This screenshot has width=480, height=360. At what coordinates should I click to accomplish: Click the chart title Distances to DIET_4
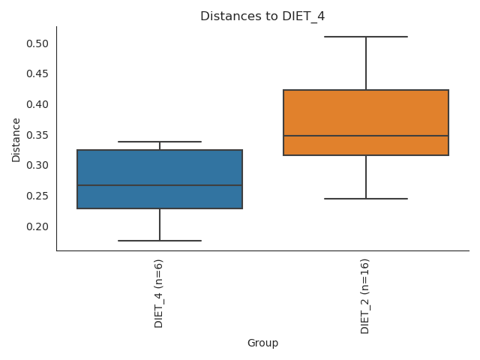[x=262, y=16]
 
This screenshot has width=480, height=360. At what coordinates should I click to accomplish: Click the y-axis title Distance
[x=16, y=139]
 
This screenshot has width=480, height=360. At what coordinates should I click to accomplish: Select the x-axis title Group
[x=262, y=343]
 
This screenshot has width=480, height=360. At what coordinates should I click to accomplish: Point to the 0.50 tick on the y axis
[x=37, y=43]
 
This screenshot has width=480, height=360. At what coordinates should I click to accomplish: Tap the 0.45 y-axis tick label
[x=37, y=73]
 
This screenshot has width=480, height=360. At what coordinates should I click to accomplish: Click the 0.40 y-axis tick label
[x=37, y=104]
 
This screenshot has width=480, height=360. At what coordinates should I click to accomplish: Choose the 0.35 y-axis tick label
[x=37, y=135]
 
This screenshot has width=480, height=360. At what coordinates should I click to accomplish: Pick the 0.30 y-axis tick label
[x=37, y=165]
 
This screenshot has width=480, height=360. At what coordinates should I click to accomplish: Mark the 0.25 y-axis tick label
[x=37, y=196]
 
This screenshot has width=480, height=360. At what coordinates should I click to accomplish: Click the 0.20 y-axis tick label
[x=37, y=226]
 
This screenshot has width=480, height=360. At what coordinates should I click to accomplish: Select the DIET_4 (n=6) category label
[x=159, y=293]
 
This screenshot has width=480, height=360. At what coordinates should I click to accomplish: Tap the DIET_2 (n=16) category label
[x=365, y=296]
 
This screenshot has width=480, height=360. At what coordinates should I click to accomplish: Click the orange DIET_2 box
[x=366, y=112]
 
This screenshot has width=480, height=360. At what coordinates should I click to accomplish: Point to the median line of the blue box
[x=160, y=185]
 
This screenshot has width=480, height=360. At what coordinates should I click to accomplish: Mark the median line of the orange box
[x=366, y=136]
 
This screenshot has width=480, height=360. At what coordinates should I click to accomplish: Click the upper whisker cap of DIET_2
[x=366, y=37]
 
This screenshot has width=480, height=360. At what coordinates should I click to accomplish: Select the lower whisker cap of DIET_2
[x=366, y=199]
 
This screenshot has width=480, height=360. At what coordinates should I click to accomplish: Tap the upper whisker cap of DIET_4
[x=160, y=142]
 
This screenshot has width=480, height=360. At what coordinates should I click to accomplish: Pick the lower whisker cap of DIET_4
[x=160, y=241]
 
